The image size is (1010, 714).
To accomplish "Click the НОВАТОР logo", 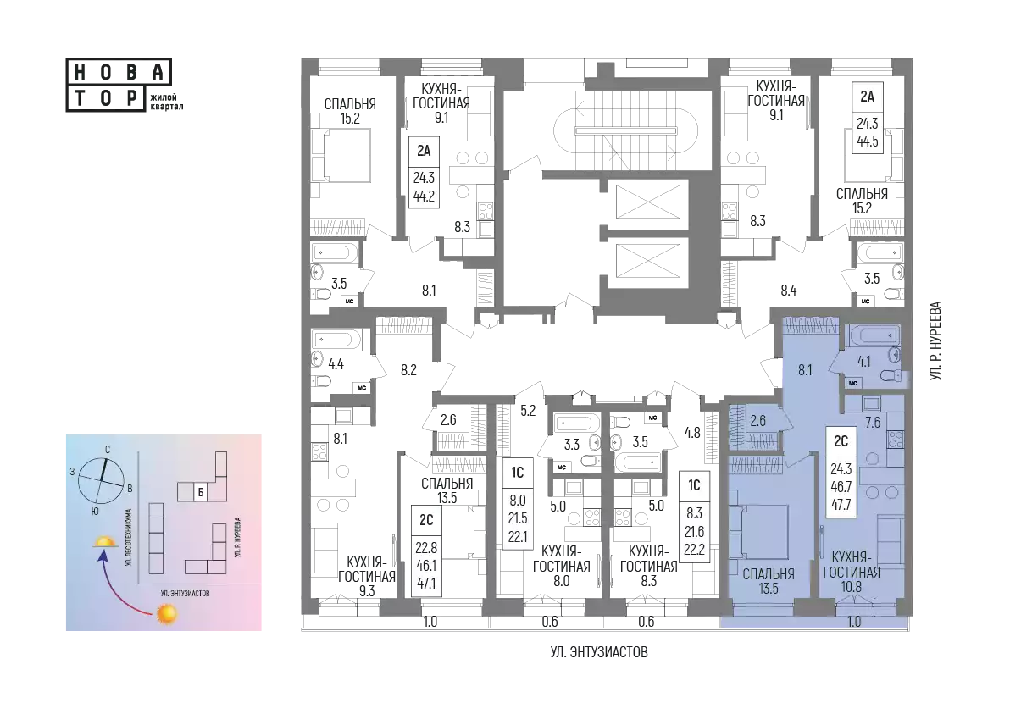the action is click(119, 86).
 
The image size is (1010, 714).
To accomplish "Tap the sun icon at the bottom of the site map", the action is click(166, 614).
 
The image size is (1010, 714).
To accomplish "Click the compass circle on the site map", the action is click(101, 481).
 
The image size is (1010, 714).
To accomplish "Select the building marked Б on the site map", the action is click(201, 493).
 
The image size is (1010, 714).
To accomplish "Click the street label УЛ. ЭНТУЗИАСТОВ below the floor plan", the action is click(599, 652).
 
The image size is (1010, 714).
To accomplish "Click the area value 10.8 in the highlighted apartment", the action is click(851, 586).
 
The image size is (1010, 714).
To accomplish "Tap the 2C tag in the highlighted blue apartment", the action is click(841, 441).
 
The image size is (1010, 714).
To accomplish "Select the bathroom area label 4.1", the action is click(863, 361).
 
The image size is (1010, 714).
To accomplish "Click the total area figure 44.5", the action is click(868, 141).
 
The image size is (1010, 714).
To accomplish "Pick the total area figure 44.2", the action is click(424, 196).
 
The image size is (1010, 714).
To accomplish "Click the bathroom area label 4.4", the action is click(336, 364).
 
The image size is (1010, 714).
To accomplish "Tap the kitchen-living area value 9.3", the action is click(367, 590).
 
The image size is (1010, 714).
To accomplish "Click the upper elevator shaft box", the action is click(647, 201).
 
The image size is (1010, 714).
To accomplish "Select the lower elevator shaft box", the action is click(647, 262).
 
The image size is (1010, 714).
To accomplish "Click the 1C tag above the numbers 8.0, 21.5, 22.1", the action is click(518, 473).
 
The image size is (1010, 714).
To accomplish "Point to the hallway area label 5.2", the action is click(528, 410).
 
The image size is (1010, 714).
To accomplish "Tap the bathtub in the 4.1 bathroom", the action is click(873, 335).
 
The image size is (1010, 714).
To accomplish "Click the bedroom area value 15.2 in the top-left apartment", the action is click(351, 119).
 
